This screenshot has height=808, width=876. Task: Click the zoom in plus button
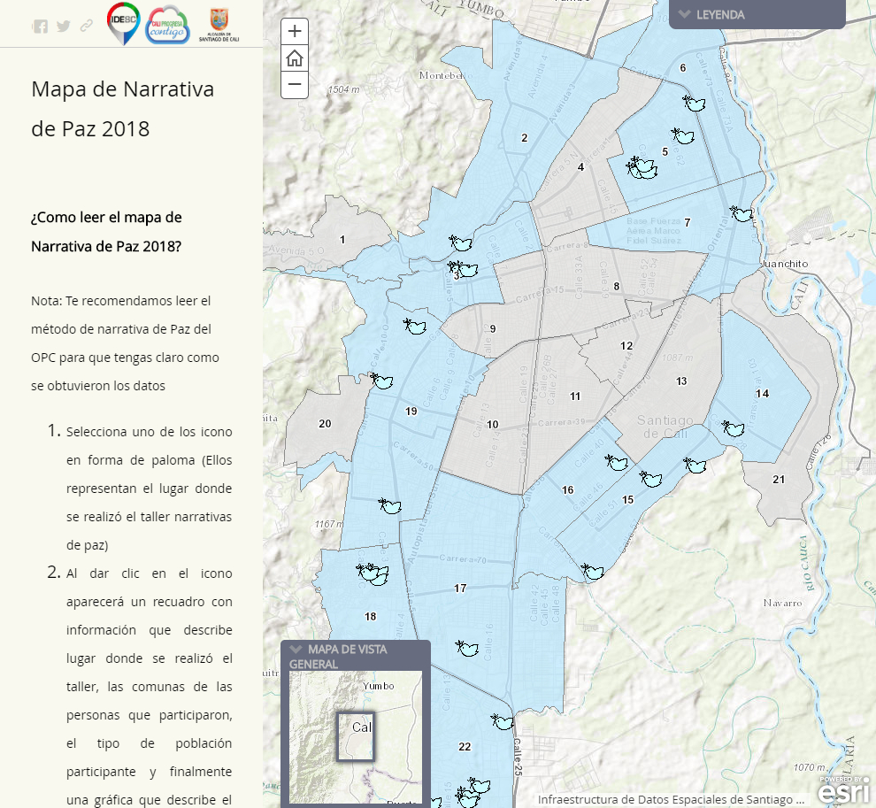click(x=295, y=31)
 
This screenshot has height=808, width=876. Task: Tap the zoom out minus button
click(x=295, y=84)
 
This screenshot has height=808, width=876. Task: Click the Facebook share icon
click(x=41, y=26)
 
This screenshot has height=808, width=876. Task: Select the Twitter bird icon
click(x=64, y=26)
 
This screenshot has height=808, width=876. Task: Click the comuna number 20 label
click(x=325, y=424)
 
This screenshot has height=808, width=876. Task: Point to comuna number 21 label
click(x=779, y=480)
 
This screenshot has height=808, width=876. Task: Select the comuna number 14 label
click(x=762, y=394)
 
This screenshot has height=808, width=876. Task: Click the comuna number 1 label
click(x=342, y=240)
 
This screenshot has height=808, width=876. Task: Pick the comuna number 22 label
click(x=465, y=747)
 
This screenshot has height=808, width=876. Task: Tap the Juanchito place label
click(x=787, y=264)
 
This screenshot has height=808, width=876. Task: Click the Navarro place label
click(x=784, y=603)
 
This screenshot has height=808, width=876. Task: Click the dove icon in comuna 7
click(x=742, y=213)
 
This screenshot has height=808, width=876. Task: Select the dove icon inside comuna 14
click(x=732, y=428)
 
